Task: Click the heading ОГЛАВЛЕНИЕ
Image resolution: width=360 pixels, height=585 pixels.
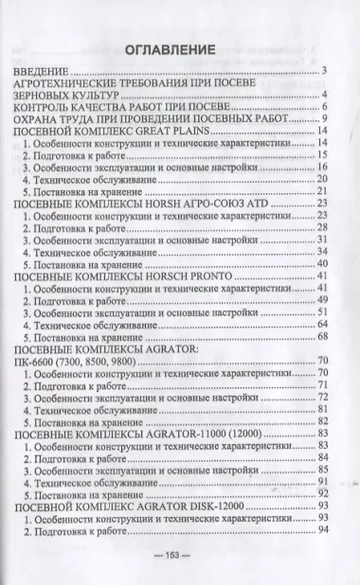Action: tap(179, 48)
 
